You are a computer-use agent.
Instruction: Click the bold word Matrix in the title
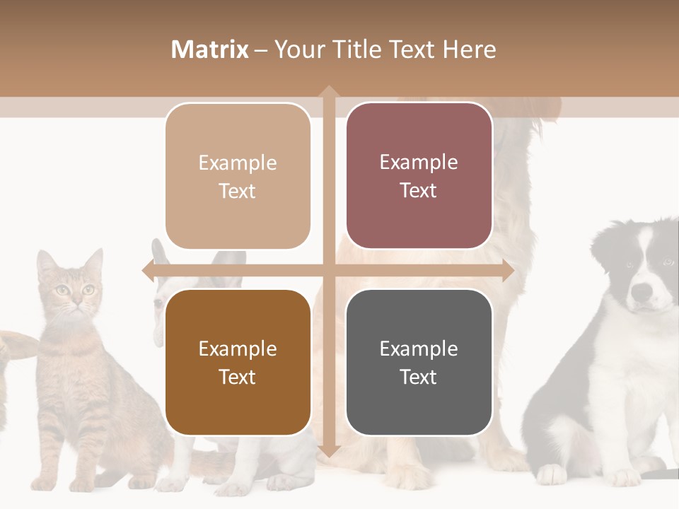[209, 49]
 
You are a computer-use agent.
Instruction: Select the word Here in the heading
[469, 49]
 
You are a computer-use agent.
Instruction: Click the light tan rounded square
[238, 176]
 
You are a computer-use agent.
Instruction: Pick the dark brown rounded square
[238, 362]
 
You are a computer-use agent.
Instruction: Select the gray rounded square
[419, 362]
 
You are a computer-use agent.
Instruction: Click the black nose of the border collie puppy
[641, 291]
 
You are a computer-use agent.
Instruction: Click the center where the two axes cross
[328, 270]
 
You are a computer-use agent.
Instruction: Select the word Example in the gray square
[419, 349]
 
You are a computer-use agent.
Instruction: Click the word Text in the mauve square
[419, 190]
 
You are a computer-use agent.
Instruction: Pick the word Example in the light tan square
[238, 163]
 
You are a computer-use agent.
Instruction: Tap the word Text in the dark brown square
[238, 377]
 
